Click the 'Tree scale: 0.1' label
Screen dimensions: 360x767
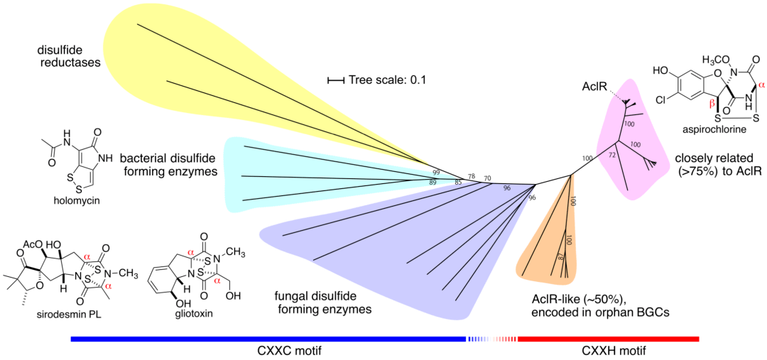tap(387, 80)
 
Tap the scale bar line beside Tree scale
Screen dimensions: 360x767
tap(335, 80)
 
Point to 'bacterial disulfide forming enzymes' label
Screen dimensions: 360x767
tap(168, 165)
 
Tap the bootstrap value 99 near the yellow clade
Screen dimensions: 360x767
tap(436, 173)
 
